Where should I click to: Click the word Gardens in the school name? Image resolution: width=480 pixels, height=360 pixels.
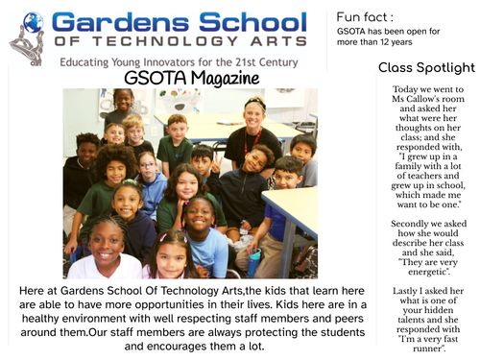point(114,22)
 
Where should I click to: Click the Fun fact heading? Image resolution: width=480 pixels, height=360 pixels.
point(366,16)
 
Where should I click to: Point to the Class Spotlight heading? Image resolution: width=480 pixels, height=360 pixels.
point(426,67)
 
